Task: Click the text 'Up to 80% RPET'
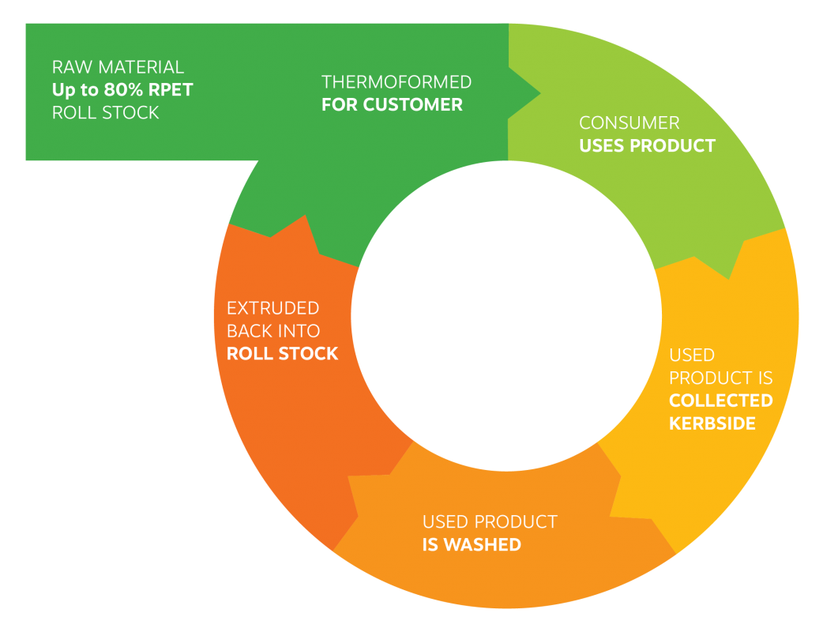tap(122, 89)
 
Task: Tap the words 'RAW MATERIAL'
tap(118, 67)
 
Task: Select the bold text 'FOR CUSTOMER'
tap(392, 105)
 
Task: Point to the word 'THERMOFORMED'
tap(396, 82)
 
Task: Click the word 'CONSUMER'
tap(629, 123)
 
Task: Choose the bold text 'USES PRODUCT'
tap(647, 146)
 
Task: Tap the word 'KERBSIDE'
tap(712, 423)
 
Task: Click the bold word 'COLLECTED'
tap(720, 401)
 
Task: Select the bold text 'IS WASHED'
tap(472, 544)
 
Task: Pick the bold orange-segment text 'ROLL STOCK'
tap(282, 353)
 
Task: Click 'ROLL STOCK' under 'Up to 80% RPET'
tap(105, 112)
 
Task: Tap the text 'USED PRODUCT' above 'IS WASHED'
tap(490, 522)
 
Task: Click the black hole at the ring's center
tap(506, 316)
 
